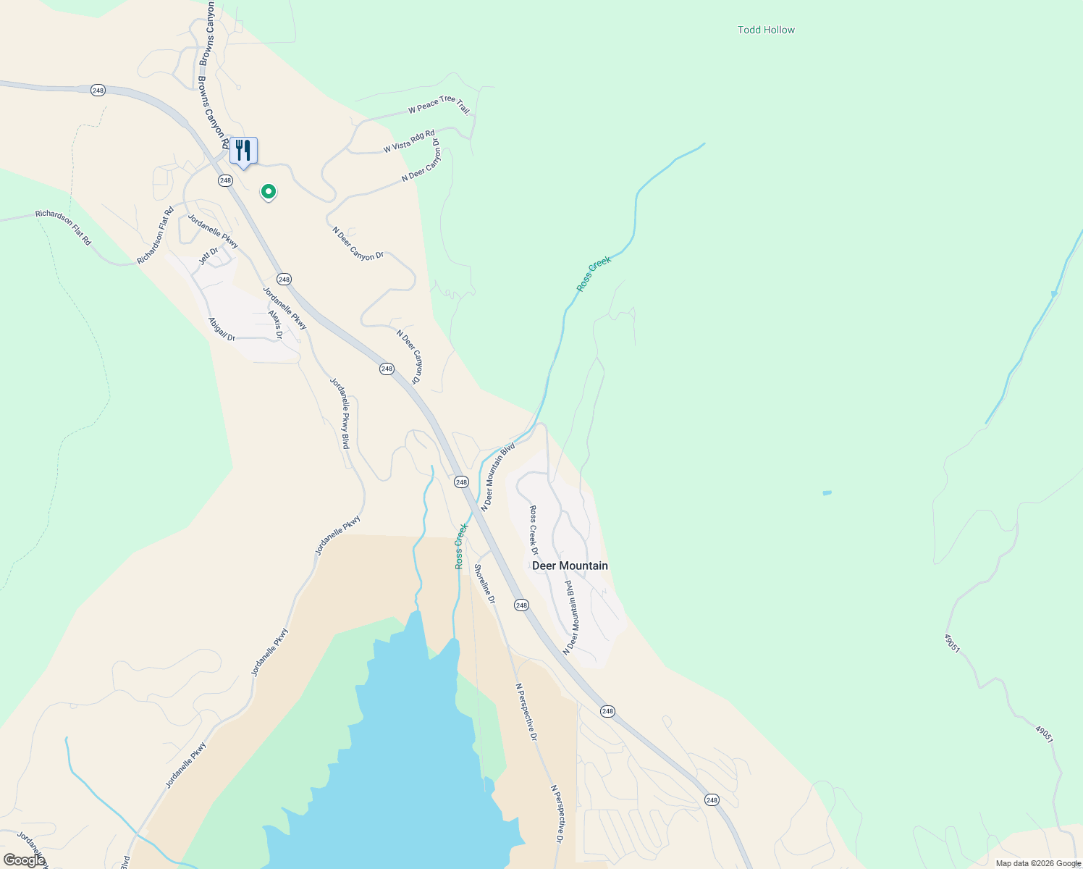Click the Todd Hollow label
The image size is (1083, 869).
(x=766, y=30)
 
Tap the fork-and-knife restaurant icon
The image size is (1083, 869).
(x=243, y=151)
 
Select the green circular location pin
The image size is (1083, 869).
(x=269, y=191)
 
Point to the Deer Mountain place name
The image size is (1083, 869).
(x=570, y=566)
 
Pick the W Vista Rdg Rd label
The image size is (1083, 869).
(x=409, y=141)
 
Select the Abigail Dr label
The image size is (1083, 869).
(x=222, y=329)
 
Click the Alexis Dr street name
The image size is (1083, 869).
(x=275, y=325)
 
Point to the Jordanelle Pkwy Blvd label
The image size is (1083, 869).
(x=340, y=413)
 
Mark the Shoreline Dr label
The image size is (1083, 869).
(x=484, y=584)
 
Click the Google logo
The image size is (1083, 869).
(x=24, y=860)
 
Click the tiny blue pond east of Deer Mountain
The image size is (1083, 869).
(x=827, y=493)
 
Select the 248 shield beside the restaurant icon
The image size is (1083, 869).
(x=225, y=180)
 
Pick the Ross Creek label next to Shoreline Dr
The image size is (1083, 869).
(x=460, y=546)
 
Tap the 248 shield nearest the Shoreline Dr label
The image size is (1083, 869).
(x=521, y=605)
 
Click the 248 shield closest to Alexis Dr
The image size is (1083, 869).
(x=284, y=279)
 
